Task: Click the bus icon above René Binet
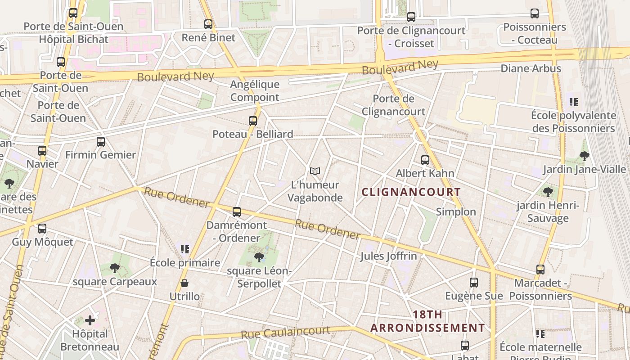[x=208, y=24]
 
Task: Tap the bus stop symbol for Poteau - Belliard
[x=253, y=121]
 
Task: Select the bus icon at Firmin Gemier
[x=101, y=142]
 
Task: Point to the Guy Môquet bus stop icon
[x=42, y=229]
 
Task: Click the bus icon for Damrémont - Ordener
[x=237, y=212]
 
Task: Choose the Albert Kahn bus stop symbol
[x=425, y=160]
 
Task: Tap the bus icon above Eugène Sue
[x=474, y=283]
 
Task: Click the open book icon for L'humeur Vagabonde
[x=315, y=171]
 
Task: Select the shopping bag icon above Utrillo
[x=184, y=283]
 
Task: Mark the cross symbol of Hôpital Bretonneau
[x=90, y=320]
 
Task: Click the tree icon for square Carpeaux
[x=115, y=268]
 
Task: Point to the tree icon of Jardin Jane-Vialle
[x=585, y=156]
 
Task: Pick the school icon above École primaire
[x=184, y=249]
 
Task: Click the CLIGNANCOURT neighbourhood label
[x=411, y=192]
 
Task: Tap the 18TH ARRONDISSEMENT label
[x=427, y=321]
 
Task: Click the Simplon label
[x=456, y=212]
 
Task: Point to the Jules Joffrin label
[x=388, y=256]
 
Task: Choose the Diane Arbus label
[x=531, y=68]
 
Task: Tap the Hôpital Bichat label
[x=74, y=40]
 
